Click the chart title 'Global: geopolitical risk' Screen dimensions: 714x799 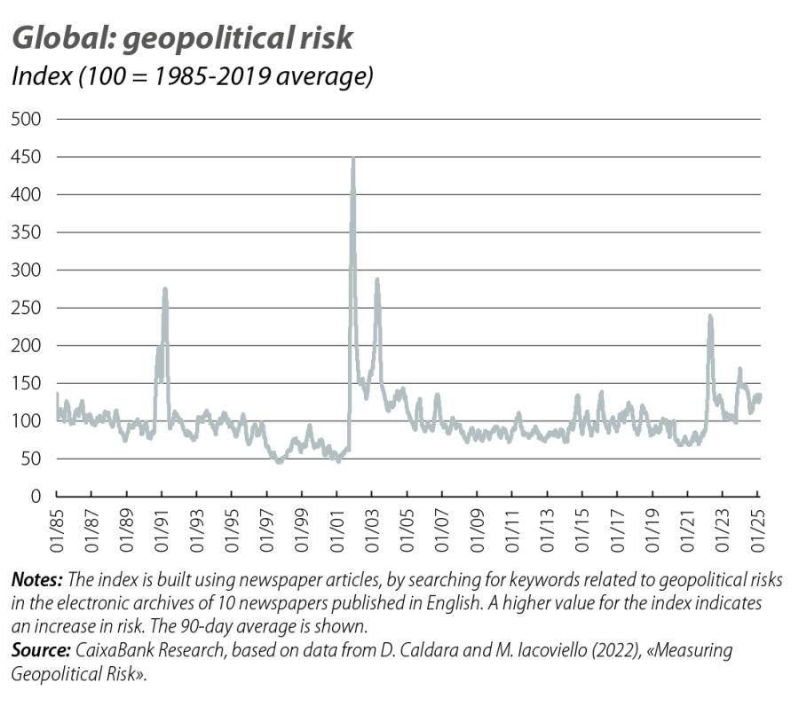pyautogui.click(x=181, y=38)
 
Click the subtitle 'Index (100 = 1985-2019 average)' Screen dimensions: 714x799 pyautogui.click(x=190, y=76)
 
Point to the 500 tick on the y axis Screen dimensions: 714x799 pyautogui.click(x=27, y=119)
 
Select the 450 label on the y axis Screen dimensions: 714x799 pyautogui.click(x=27, y=157)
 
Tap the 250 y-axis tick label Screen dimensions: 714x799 pyautogui.click(x=27, y=308)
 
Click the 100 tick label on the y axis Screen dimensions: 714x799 pyautogui.click(x=27, y=421)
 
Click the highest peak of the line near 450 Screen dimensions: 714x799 pyautogui.click(x=353, y=160)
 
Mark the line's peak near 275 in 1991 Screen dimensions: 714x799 pyautogui.click(x=165, y=289)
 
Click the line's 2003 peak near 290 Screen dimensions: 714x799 pyautogui.click(x=376, y=280)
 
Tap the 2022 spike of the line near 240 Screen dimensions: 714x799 pyautogui.click(x=709, y=317)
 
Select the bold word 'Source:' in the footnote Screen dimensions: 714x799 pyautogui.click(x=41, y=651)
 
